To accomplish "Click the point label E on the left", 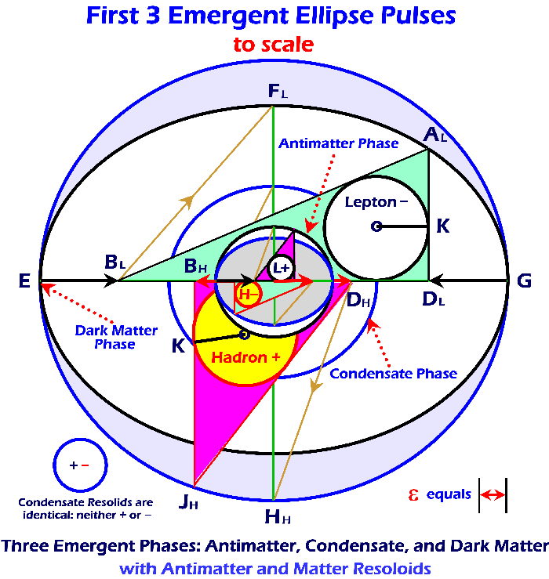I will [24, 280].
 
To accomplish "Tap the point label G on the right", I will [525, 280].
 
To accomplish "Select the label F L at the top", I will [277, 92].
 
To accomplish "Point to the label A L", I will [435, 136].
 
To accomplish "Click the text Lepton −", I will [376, 203].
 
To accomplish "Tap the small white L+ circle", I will [281, 268].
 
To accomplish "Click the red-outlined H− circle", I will [247, 295].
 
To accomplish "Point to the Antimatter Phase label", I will [339, 143].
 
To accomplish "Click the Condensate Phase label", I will [393, 374].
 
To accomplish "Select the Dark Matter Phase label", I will [106, 337].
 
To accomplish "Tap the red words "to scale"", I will [273, 45].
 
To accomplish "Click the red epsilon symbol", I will [413, 494].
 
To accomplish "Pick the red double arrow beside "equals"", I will [493, 494].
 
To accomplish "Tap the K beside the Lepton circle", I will [443, 226].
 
